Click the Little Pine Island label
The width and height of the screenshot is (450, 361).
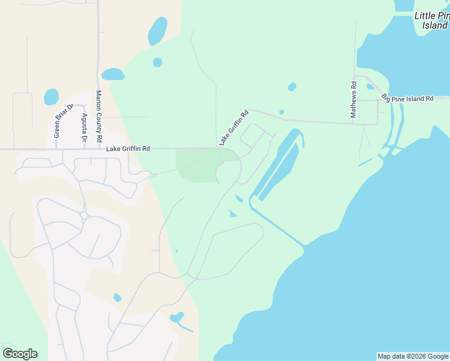(431, 20)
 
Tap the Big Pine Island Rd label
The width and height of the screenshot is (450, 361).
(407, 98)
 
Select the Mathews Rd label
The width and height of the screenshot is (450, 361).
(354, 99)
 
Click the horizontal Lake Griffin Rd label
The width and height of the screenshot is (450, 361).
(128, 149)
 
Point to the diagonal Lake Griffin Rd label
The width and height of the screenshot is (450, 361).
(233, 127)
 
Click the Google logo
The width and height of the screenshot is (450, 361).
(20, 354)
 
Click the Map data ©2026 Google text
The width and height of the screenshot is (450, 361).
(413, 356)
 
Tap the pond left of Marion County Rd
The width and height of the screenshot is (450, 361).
(51, 96)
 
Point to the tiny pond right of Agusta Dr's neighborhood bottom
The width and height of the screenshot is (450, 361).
(117, 298)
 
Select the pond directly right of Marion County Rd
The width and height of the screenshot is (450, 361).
(112, 74)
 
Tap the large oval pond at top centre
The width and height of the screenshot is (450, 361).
(158, 31)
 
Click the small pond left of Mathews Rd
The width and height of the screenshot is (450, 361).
(292, 87)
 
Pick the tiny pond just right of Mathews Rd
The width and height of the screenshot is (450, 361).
(370, 87)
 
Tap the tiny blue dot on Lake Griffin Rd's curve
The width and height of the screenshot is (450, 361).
(282, 112)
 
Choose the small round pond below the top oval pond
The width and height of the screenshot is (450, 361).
(158, 62)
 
